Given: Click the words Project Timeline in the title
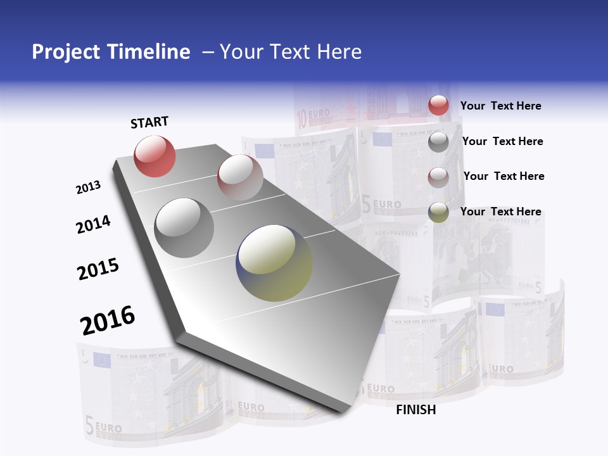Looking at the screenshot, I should [x=111, y=52].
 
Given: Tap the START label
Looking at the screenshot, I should [x=149, y=122].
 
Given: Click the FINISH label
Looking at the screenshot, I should [x=415, y=410].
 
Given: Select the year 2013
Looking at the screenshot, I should [x=88, y=187].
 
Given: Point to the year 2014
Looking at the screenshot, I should [x=93, y=224].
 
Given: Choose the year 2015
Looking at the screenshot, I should [x=98, y=269].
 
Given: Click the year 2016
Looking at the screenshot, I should [x=108, y=320].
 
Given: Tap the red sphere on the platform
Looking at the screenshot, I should [x=155, y=156].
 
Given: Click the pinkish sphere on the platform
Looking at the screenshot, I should [x=240, y=177].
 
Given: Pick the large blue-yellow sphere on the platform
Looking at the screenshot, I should [x=275, y=263].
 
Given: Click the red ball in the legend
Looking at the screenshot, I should [x=438, y=106].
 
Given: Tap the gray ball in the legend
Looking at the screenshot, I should [x=438, y=142].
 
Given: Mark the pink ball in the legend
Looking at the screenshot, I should [x=438, y=177].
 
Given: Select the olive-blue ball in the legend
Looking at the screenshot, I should [x=438, y=212].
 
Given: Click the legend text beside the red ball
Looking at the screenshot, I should [x=500, y=106].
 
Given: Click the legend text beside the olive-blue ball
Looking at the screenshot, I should [x=500, y=212].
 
